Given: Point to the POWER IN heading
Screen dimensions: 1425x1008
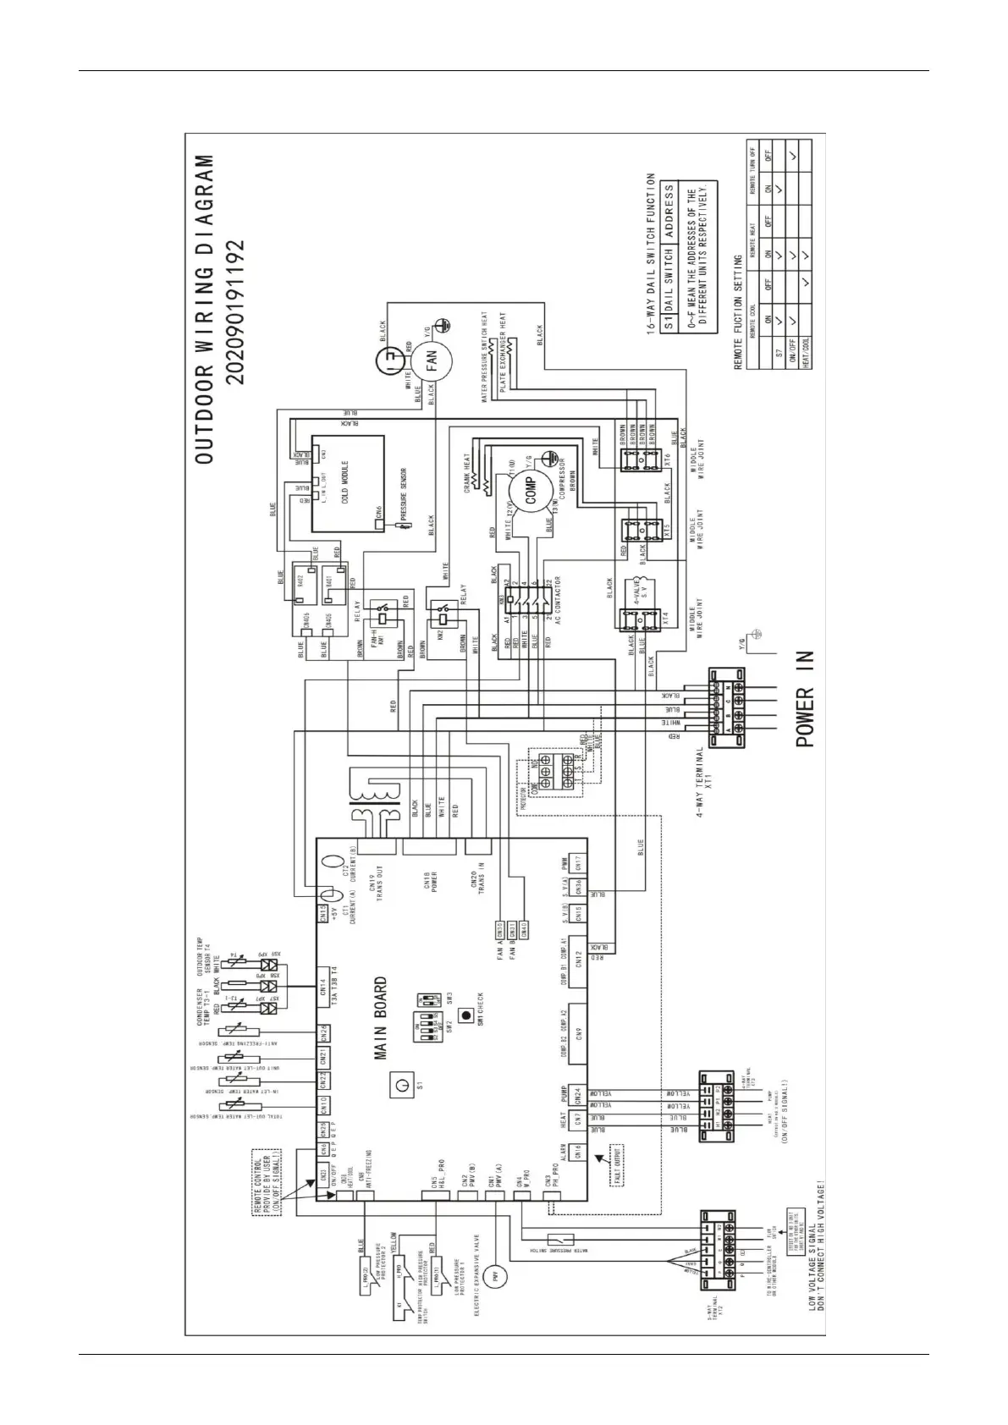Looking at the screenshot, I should pyautogui.click(x=804, y=698).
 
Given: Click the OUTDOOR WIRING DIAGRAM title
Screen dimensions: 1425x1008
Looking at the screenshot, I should pyautogui.click(x=205, y=309).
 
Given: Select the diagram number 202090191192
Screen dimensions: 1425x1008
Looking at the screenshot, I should pyautogui.click(x=236, y=311).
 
